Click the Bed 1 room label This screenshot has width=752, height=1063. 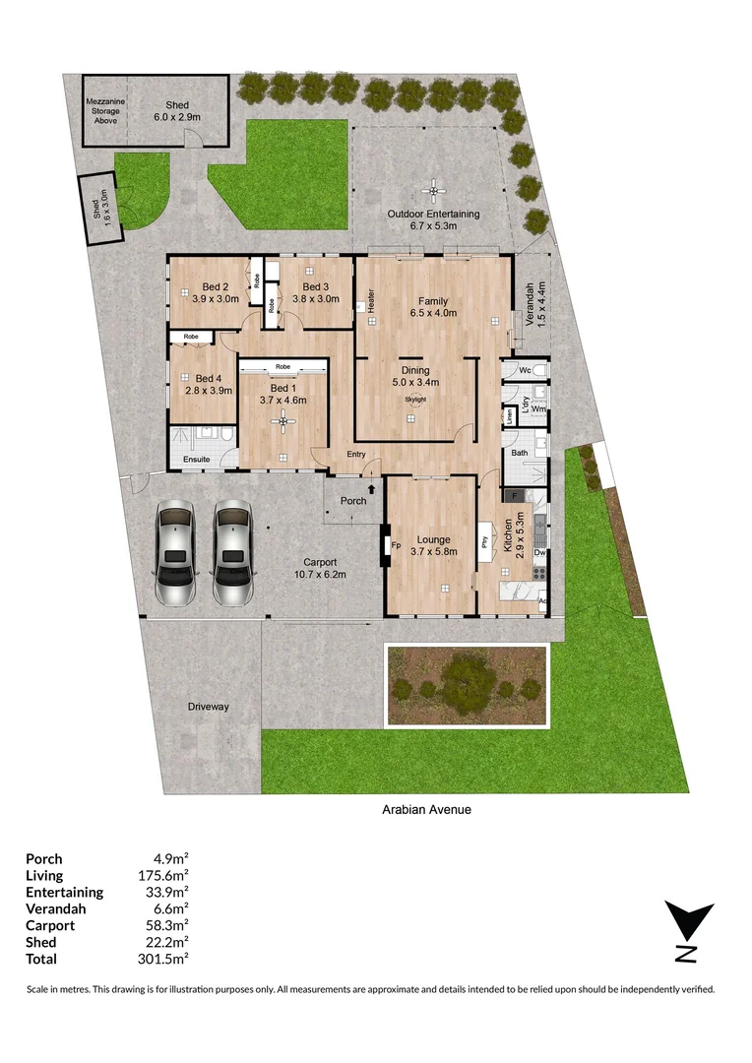point(283,386)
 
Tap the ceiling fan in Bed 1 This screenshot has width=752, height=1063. point(284,423)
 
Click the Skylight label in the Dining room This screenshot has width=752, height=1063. point(416,400)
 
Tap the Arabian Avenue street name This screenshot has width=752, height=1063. point(427,810)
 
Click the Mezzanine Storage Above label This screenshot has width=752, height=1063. point(104,110)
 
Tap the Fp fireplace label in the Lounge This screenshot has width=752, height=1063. point(396,543)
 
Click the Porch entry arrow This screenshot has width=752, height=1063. point(371,487)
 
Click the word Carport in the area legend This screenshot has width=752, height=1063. point(50,925)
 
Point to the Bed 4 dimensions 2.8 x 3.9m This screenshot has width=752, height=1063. point(209,391)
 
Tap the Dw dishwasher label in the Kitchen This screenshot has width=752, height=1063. point(539,553)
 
